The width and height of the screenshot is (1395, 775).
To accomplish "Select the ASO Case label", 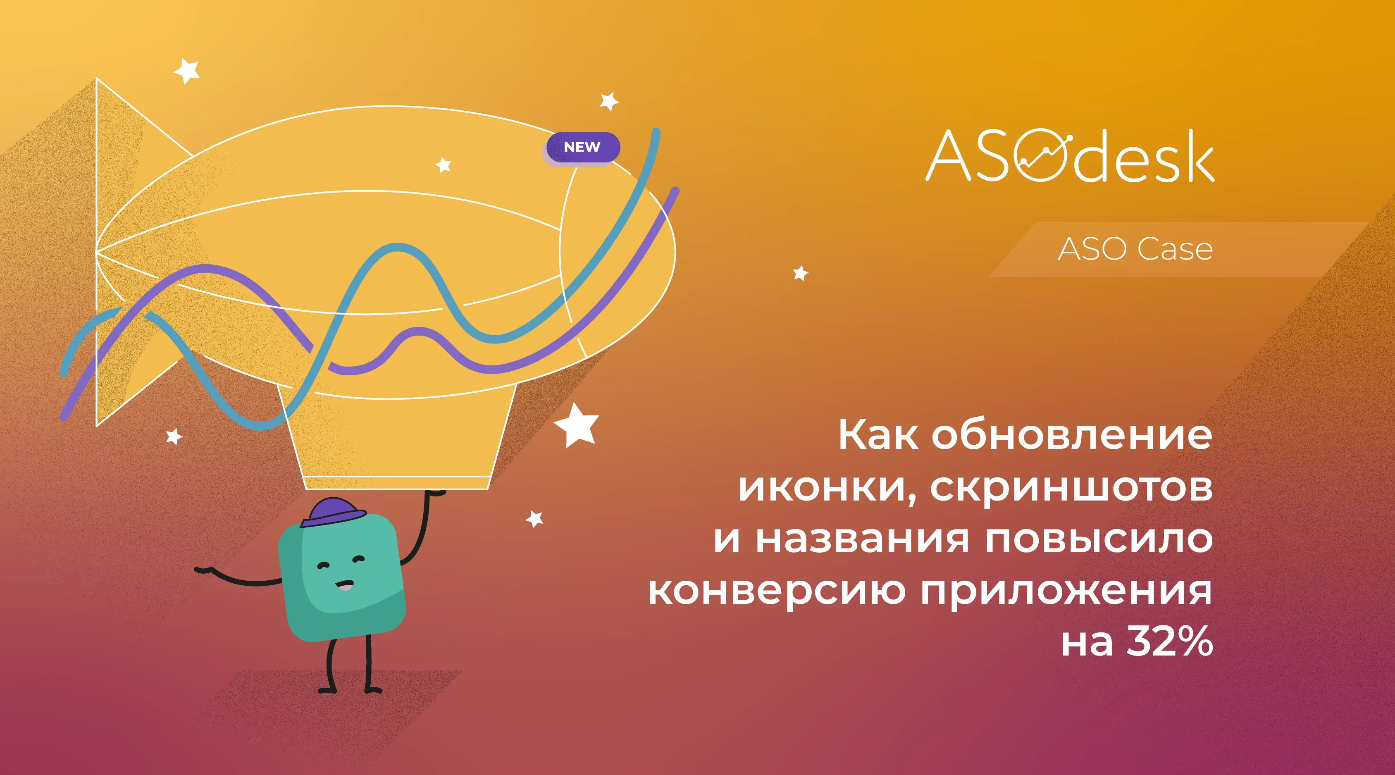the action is coord(1135,250).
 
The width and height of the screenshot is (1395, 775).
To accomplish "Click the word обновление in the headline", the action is coord(1072,435).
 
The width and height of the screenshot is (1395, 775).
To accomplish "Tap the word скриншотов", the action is coord(1071,487).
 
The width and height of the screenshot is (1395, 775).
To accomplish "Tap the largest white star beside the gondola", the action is coord(576,425).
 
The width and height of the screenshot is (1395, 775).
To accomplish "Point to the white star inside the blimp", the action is coord(444,165).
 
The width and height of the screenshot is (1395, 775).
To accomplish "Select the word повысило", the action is coord(1099,539).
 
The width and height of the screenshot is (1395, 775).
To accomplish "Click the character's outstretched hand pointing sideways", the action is coord(203,569).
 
